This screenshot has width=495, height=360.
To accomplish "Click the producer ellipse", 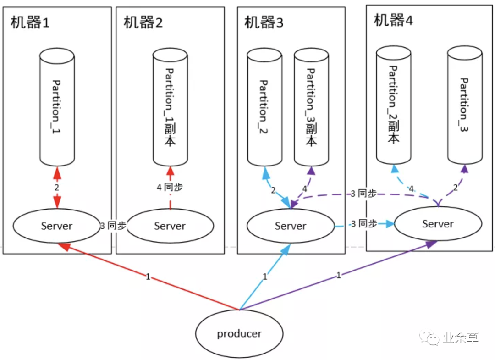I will (x=239, y=333).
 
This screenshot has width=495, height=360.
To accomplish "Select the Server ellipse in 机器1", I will (x=56, y=226).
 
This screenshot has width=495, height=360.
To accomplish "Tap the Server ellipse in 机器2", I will (x=170, y=226).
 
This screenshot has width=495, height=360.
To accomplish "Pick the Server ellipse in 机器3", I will (x=291, y=226).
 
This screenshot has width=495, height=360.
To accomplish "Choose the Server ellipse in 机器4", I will (x=438, y=224).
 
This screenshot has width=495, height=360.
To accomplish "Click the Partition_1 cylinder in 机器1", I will (x=56, y=106).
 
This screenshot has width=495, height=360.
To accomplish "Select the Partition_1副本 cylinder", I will (x=170, y=106).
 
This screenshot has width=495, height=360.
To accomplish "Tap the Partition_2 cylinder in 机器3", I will (x=264, y=106).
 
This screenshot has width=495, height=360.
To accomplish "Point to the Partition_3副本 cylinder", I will (x=312, y=106).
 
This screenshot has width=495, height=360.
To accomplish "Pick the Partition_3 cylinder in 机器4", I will (x=464, y=105).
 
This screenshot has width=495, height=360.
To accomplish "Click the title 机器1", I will (x=30, y=22).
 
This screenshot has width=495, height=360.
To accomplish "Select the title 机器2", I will (x=143, y=22).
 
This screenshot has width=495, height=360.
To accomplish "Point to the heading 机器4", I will (x=393, y=21).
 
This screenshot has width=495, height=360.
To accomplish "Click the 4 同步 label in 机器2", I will (x=170, y=187).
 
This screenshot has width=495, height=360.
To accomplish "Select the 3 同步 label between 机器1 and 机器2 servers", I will (x=113, y=226).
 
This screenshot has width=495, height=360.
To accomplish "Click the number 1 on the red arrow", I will (x=148, y=277).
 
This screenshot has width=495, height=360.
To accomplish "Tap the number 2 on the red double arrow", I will (x=57, y=188).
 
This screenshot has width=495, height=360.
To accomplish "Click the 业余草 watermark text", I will (x=461, y=338).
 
